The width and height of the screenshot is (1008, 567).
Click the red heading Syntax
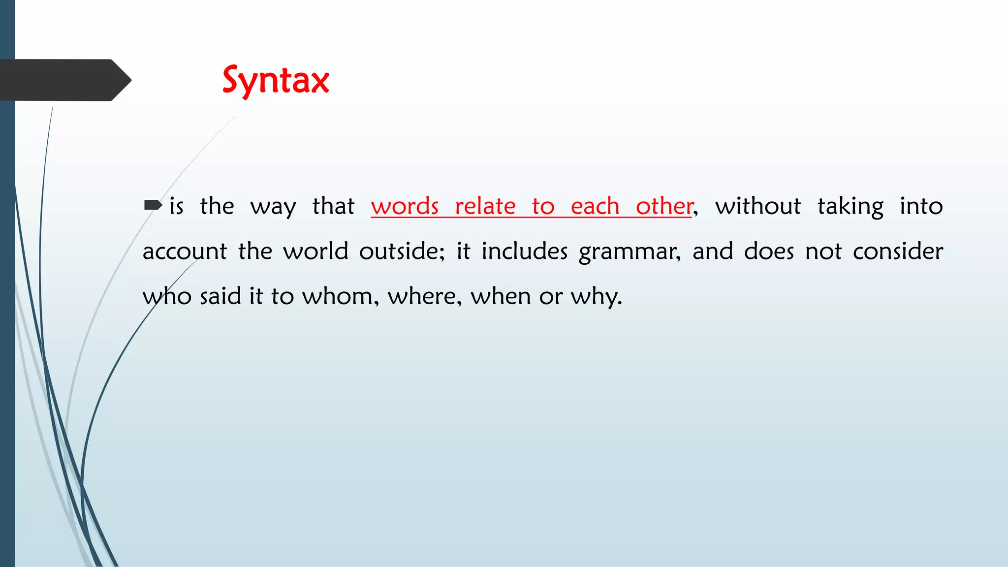276,81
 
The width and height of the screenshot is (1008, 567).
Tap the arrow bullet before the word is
153,205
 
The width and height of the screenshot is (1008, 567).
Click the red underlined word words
405,206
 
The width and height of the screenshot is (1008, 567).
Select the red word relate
485,206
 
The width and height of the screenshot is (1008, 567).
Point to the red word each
595,206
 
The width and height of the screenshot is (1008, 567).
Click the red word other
664,206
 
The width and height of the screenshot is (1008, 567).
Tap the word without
758,206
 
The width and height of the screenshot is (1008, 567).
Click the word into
921,206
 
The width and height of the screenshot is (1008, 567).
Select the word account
185,252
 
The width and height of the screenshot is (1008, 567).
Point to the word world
315,252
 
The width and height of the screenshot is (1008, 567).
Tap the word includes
524,252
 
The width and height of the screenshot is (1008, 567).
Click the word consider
898,252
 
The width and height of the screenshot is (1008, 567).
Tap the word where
424,297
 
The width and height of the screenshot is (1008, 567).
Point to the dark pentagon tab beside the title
64,80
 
